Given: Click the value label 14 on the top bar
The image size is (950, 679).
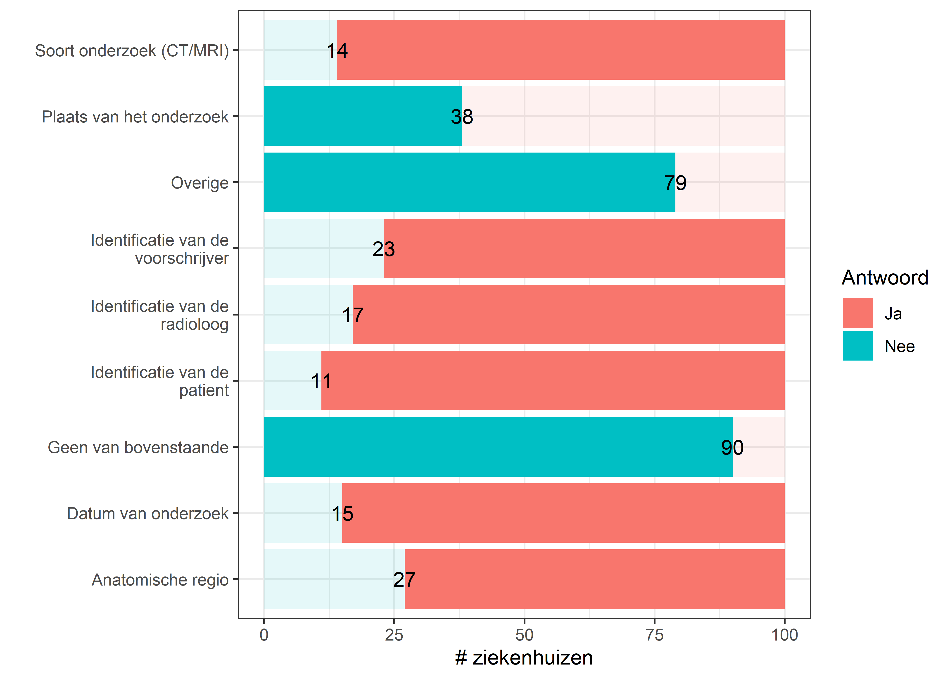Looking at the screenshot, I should click(x=337, y=51).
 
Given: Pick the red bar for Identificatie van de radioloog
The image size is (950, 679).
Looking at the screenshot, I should click(x=568, y=314).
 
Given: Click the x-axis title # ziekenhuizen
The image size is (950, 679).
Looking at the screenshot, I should click(x=524, y=658).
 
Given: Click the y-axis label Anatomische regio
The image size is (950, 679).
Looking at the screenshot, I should click(x=160, y=580).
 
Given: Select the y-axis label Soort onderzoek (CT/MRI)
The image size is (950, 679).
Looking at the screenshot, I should click(x=132, y=51).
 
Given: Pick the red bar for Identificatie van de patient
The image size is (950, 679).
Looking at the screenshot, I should click(x=552, y=380).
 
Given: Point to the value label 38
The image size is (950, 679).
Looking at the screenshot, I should click(x=462, y=117).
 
